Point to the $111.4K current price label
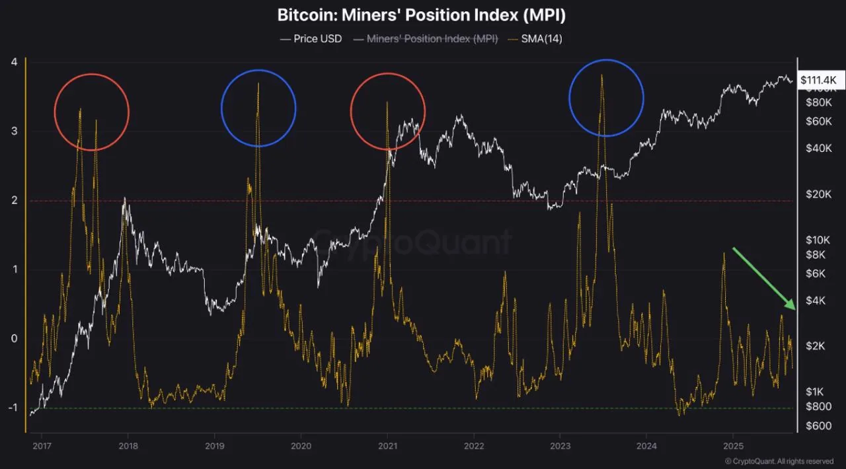(818, 80)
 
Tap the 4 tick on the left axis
(13, 62)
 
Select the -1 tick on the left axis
(11, 408)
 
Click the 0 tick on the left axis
(13, 338)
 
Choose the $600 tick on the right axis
(818, 426)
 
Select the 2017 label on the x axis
(42, 445)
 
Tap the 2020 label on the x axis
(301, 445)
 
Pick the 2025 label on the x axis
(732, 445)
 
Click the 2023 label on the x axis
(560, 445)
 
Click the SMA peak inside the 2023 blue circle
(601, 75)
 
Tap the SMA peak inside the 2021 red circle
(387, 102)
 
